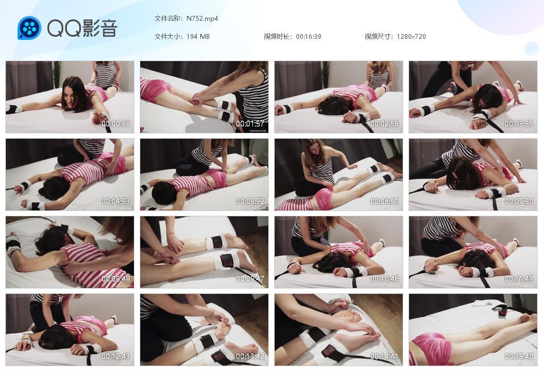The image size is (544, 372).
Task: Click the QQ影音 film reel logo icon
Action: click(x=29, y=28)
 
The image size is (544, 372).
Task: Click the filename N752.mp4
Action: click(x=202, y=19)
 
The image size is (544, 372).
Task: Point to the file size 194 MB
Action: click(x=198, y=37)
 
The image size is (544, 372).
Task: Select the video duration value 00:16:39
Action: click(x=309, y=37)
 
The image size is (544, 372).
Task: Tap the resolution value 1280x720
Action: click(x=411, y=37)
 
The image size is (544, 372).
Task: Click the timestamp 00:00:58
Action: click(x=116, y=124)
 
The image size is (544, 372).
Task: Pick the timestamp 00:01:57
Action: click(x=250, y=124)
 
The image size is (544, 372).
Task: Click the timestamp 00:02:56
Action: click(x=385, y=124)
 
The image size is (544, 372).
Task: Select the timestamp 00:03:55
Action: click(x=519, y=124)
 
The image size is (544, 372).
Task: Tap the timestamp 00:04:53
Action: click(x=116, y=201)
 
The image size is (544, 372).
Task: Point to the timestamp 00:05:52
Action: click(x=250, y=201)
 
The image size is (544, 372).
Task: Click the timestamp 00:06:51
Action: click(x=385, y=201)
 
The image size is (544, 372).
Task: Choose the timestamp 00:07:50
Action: click(x=519, y=201)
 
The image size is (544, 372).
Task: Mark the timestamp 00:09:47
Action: click(x=250, y=279)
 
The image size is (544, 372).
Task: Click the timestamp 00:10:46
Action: click(x=385, y=279)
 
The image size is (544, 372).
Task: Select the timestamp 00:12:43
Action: click(x=116, y=357)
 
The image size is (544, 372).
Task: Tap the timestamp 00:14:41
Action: click(x=385, y=357)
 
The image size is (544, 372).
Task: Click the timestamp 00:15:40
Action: click(x=519, y=357)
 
